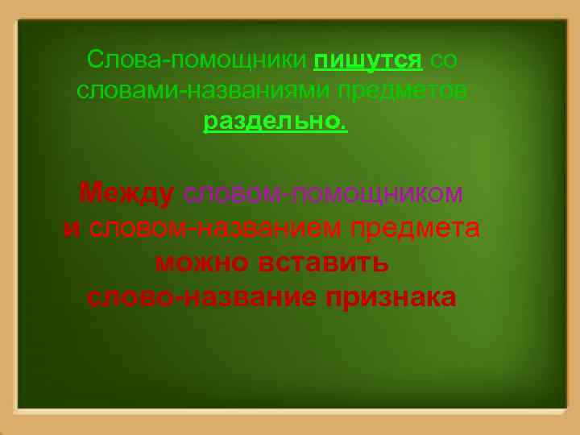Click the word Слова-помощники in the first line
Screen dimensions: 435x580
click(x=197, y=60)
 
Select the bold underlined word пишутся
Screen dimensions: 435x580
click(x=368, y=60)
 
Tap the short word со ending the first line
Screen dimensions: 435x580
click(x=445, y=60)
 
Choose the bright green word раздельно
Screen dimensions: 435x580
click(x=271, y=122)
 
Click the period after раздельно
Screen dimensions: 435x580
click(x=345, y=126)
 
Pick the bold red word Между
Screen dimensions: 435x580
click(x=126, y=194)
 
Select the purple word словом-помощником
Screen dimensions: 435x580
click(x=323, y=194)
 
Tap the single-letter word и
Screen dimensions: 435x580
click(x=72, y=229)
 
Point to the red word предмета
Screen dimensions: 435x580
click(x=416, y=229)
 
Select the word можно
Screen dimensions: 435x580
click(x=202, y=263)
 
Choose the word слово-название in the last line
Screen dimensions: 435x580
click(x=201, y=297)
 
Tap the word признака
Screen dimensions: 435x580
click(x=391, y=297)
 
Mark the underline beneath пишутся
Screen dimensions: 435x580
click(x=368, y=71)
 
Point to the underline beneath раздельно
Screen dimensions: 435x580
click(x=275, y=133)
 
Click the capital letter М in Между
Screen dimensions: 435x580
click(x=90, y=194)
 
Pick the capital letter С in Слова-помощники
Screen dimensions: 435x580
click(x=95, y=60)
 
